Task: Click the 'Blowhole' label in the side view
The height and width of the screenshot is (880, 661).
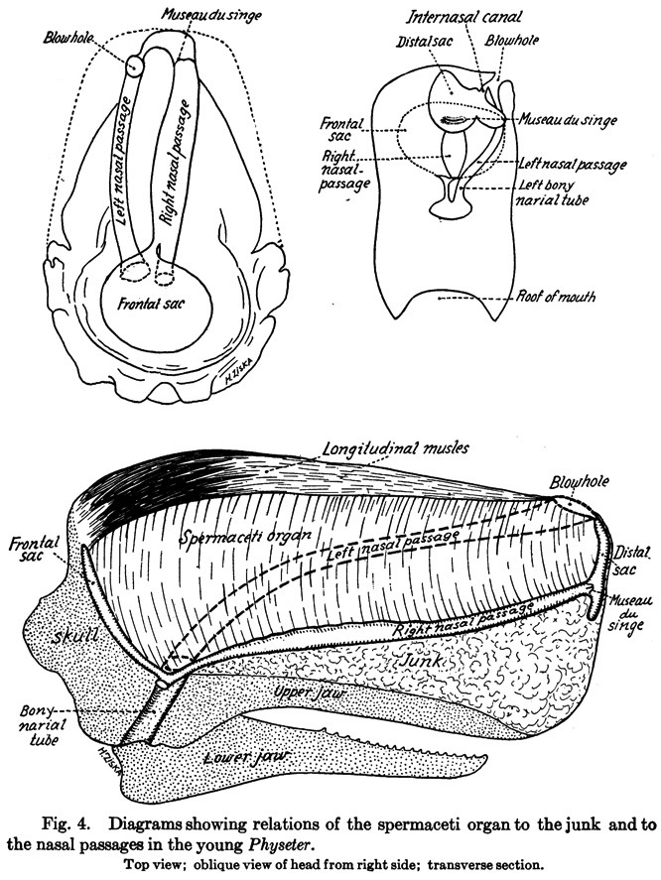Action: click(578, 482)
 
